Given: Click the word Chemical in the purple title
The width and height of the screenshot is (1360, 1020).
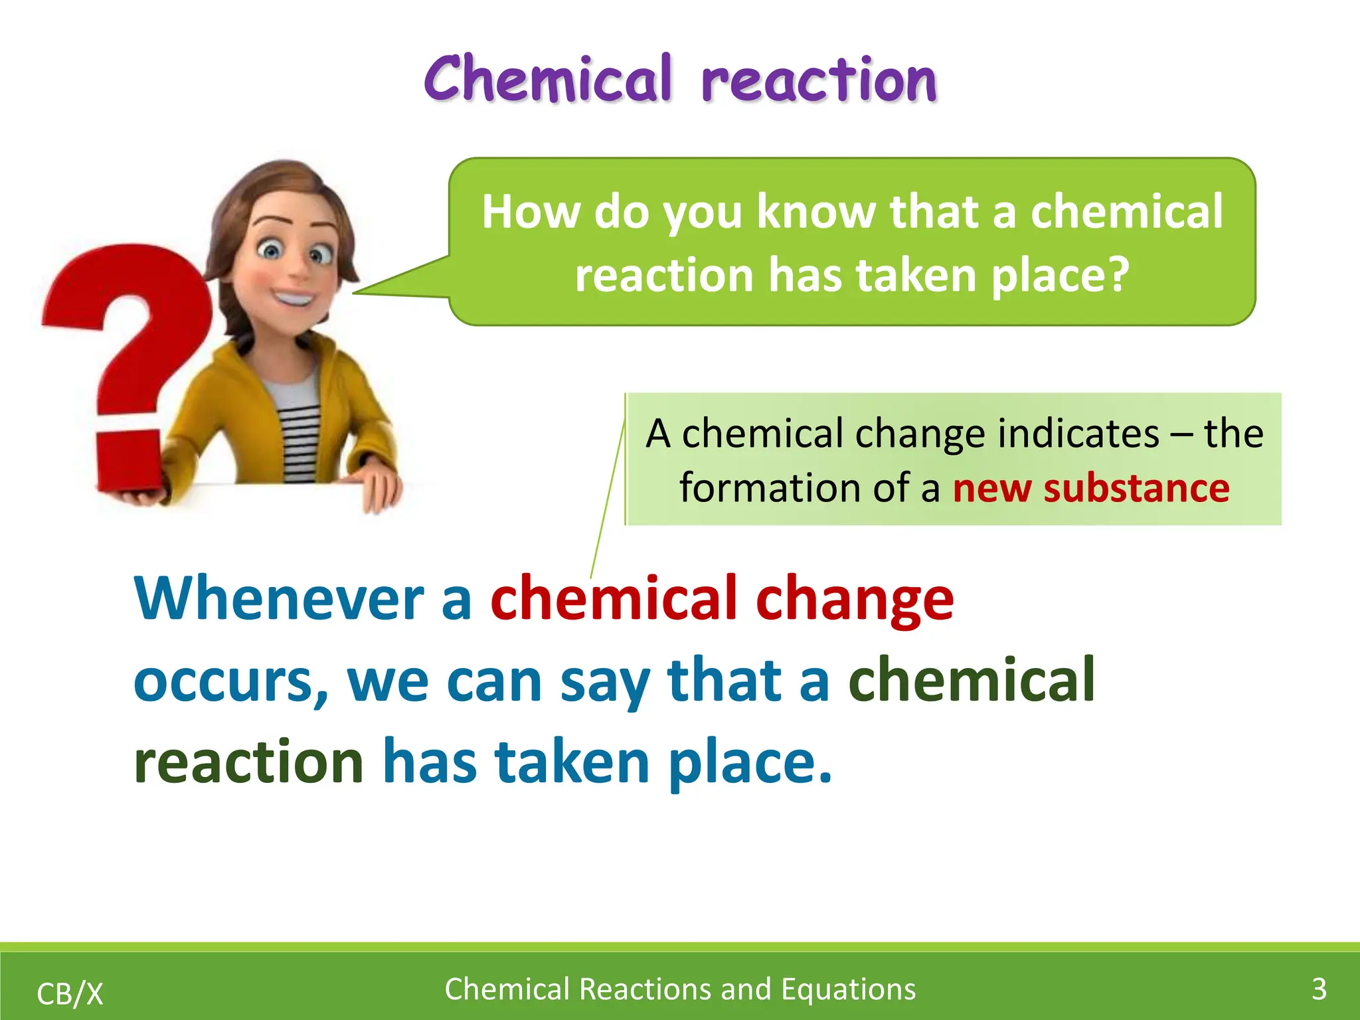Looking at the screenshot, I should (549, 80).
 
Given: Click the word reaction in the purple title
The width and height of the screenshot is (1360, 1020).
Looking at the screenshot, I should (819, 81).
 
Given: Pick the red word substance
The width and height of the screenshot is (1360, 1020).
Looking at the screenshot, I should (1136, 488).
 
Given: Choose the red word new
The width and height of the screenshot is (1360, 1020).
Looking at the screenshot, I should (992, 488).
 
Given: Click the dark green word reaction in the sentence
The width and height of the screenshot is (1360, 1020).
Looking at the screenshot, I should (248, 762).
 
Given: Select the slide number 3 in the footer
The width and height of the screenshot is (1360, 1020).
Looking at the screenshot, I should (1319, 989).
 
